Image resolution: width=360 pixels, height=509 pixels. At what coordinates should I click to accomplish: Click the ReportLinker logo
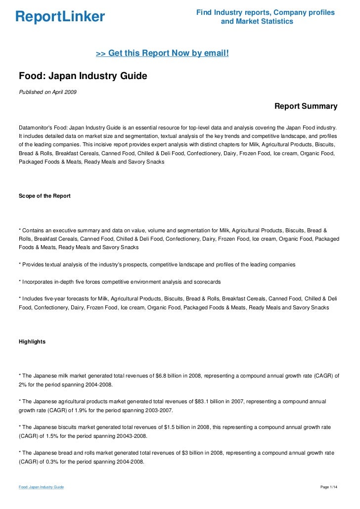click(60, 17)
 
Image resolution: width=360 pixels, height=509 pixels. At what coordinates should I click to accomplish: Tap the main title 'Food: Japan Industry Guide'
click(83, 77)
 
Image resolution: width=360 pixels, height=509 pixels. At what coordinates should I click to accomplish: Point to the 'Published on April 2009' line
click(47, 92)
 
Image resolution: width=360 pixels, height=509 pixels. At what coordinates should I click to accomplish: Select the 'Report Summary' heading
click(306, 106)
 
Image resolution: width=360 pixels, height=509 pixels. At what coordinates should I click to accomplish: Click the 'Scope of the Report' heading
click(45, 196)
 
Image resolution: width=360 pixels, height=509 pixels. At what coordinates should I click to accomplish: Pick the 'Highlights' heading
click(32, 341)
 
